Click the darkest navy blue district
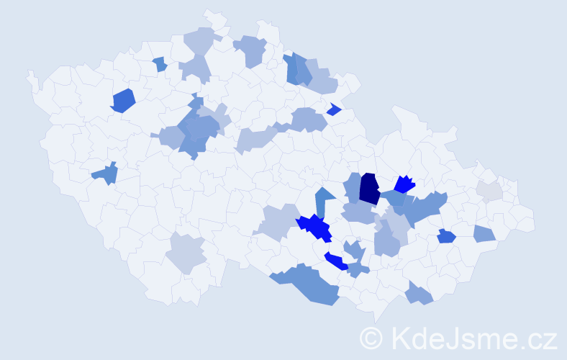(x=370, y=189)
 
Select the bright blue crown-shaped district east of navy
(x=404, y=185)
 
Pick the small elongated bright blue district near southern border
(x=336, y=261)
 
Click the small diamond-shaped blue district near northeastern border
(x=333, y=109)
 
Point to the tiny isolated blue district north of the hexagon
(x=160, y=64)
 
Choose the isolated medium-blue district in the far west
(x=106, y=174)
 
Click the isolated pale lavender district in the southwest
(x=186, y=253)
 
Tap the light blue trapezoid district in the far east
(x=484, y=233)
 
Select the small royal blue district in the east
(x=446, y=235)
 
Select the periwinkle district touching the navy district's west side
(x=353, y=186)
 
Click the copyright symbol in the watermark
(x=372, y=337)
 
